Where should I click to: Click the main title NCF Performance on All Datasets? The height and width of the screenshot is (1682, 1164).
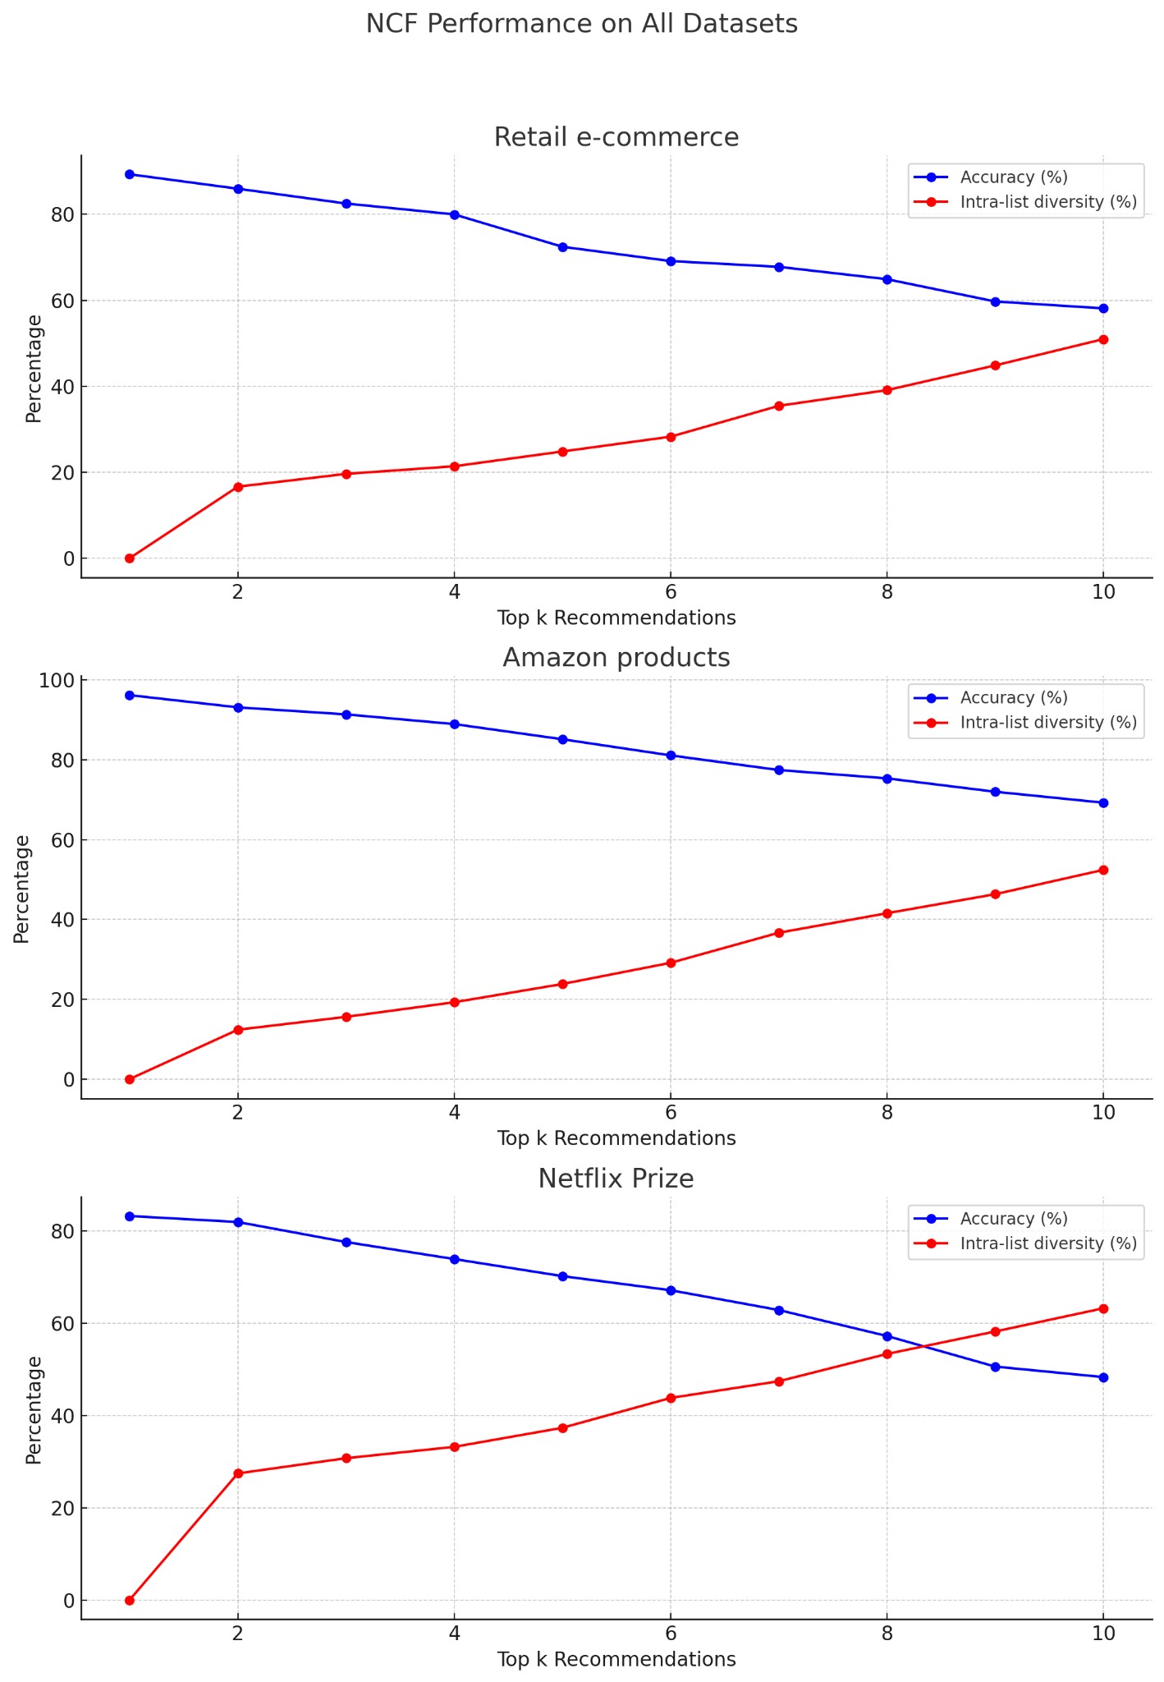(581, 24)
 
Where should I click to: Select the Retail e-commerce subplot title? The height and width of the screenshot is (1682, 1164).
(616, 137)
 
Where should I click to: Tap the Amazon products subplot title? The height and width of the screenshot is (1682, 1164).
(616, 658)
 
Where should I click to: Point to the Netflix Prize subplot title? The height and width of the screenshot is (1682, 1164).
(616, 1179)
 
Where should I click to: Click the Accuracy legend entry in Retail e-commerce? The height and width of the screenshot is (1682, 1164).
(1013, 177)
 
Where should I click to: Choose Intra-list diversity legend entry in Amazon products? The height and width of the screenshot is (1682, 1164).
(1047, 723)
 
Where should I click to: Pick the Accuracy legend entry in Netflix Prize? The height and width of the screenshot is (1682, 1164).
(1013, 1219)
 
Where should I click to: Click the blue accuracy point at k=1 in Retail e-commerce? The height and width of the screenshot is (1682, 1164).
(130, 174)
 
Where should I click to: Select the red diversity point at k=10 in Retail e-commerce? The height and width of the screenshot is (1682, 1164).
(1103, 339)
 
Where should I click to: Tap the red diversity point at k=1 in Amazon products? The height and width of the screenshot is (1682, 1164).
(130, 1079)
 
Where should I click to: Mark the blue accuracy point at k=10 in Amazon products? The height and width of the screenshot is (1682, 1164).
(1103, 803)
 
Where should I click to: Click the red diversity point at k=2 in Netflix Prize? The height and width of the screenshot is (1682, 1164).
(238, 1473)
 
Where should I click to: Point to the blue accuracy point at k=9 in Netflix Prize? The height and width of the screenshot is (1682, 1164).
(995, 1367)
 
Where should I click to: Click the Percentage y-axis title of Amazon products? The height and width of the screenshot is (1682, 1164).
(22, 889)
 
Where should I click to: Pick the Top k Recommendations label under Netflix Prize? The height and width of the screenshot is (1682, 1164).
(616, 1659)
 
